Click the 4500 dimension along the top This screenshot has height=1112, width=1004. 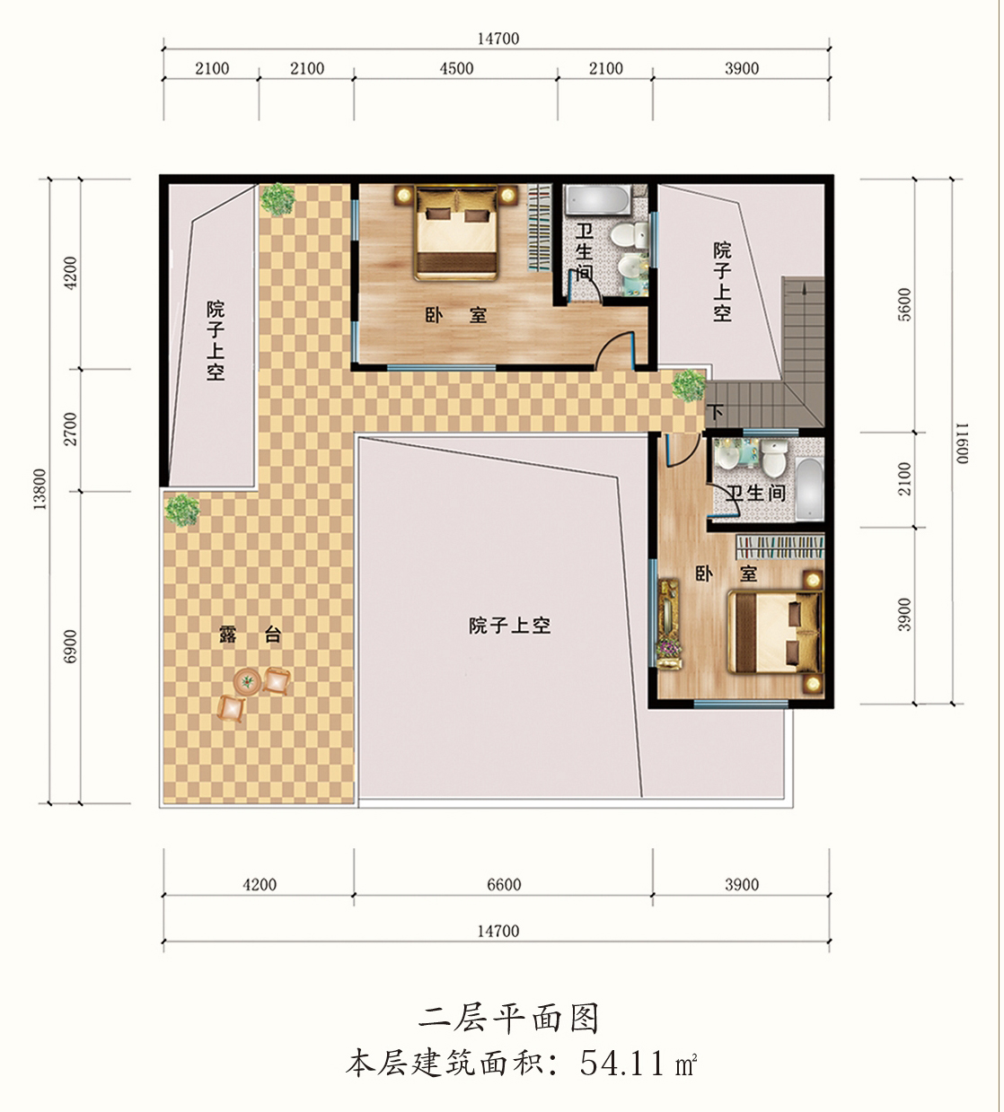click(456, 69)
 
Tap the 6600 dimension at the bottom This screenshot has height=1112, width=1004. click(504, 884)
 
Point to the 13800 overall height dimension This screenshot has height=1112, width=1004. click(40, 489)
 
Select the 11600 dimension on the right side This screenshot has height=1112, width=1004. click(962, 443)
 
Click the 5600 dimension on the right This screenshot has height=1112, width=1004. click(904, 304)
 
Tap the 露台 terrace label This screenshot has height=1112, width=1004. click(250, 635)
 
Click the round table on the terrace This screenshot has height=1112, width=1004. click(247, 682)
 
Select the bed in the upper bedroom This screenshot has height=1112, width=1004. click(456, 232)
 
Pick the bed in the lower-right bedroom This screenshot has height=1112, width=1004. click(774, 633)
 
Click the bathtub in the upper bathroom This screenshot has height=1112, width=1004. click(597, 199)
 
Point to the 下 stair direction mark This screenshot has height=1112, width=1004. click(716, 412)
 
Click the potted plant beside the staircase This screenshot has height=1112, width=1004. click(689, 386)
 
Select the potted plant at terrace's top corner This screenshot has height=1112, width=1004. click(277, 199)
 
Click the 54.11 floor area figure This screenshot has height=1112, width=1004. click(621, 1064)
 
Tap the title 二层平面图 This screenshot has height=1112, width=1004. click(508, 1019)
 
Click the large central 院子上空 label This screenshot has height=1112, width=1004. click(510, 626)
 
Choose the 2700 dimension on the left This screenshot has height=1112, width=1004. click(70, 429)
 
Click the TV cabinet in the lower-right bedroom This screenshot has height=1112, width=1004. click(668, 624)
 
